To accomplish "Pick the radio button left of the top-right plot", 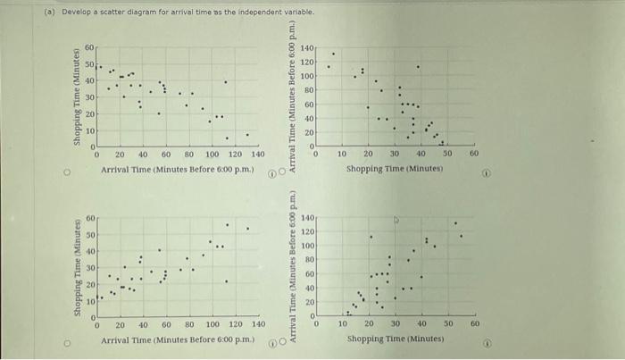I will tap(283, 171).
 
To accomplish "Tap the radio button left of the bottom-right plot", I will tap(283, 341).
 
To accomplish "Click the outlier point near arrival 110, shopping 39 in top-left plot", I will tap(225, 82).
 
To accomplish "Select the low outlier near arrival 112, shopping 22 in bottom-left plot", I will tap(226, 282).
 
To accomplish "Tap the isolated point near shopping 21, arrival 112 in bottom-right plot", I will tap(371, 237).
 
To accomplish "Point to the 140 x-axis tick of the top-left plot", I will tap(259, 154).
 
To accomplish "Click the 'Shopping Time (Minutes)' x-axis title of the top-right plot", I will tap(396, 168).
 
